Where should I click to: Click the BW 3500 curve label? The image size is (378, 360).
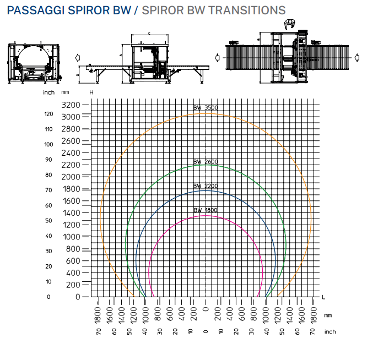point(206,108)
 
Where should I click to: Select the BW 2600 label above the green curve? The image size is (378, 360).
point(206,162)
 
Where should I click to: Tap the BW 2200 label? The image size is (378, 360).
point(206,186)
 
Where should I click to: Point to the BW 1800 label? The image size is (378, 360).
point(206,210)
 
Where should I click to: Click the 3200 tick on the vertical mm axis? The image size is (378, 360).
point(71,105)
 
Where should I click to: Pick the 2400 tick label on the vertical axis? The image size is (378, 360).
point(71,152)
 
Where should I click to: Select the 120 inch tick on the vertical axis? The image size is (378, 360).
point(49,114)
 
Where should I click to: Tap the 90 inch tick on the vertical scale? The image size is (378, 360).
point(49,160)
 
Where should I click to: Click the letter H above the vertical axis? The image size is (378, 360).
point(91,92)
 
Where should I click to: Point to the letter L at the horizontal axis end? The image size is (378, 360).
point(323,297)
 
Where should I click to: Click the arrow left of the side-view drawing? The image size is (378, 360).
point(78,57)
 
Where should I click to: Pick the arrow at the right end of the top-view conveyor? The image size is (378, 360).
point(358,57)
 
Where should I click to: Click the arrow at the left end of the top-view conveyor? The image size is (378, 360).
point(218,57)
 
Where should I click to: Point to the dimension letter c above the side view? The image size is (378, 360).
point(149,33)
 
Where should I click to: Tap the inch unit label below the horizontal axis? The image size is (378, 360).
point(330,332)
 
